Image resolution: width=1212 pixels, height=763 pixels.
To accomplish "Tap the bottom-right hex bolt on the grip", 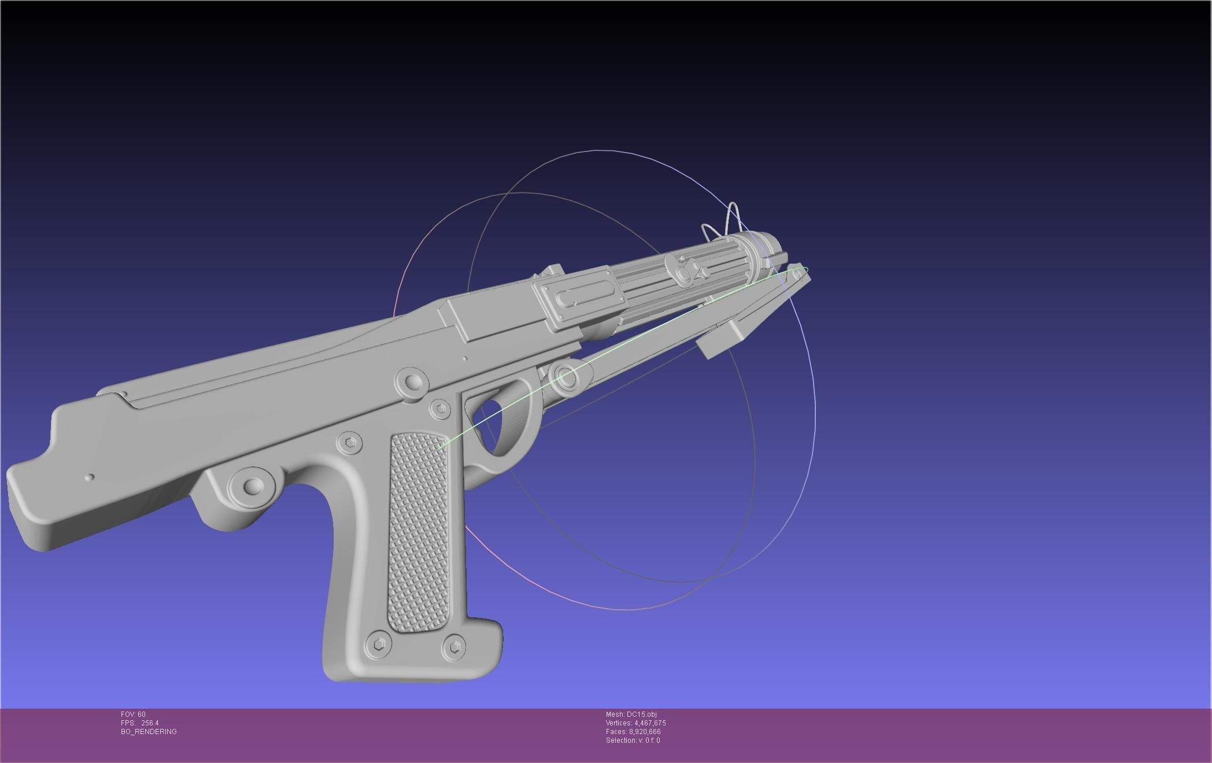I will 454,646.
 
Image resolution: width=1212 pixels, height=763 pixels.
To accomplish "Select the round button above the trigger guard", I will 412,382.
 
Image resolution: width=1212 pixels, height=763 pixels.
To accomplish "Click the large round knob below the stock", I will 252,486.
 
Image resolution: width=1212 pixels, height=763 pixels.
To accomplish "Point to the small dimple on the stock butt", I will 90,477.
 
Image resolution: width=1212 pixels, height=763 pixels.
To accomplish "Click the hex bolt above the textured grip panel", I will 350,443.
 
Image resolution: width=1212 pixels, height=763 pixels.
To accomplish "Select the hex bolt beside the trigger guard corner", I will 441,409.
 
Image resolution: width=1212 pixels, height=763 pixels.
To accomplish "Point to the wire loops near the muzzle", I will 723,223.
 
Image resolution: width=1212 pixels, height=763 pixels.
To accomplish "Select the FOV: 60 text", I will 134,714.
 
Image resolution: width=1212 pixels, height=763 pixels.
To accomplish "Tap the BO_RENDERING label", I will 149,732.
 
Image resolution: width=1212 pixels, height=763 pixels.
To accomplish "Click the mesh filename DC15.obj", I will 641,714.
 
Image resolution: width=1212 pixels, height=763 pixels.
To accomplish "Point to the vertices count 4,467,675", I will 650,723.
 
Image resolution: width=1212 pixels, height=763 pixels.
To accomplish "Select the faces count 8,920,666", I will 645,732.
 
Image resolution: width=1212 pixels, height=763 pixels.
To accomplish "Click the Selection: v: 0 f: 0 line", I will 633,740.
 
